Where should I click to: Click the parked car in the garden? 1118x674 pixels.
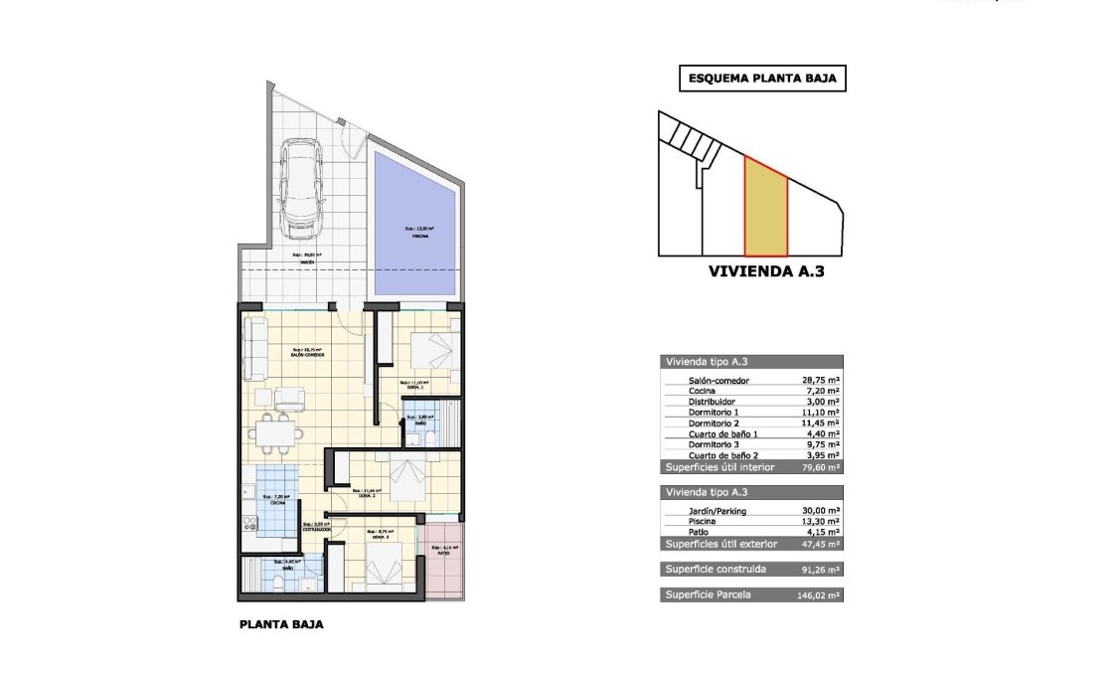299,188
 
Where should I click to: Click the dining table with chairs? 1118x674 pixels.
275,433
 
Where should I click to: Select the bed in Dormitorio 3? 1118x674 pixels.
384,564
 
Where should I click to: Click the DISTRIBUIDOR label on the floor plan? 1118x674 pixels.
317,530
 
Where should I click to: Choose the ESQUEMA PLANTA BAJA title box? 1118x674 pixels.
761,79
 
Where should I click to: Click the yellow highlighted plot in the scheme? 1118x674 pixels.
765,209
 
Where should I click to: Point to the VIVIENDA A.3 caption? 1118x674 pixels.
766,269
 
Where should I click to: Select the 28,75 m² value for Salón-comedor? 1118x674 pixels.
821,381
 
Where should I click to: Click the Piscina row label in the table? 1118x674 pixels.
703,521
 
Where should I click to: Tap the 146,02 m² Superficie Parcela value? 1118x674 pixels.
821,594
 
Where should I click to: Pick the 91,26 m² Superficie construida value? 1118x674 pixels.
821,570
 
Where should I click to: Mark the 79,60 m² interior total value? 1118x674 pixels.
821,466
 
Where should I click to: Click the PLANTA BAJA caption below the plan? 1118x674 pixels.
281,626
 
